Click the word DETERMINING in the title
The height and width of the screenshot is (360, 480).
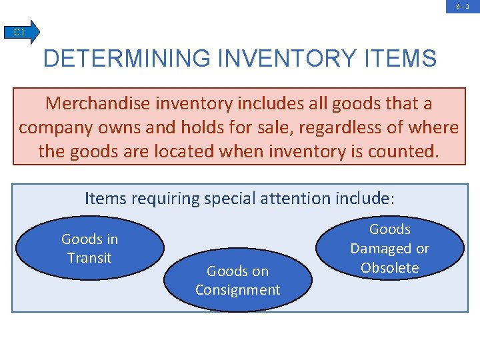124,58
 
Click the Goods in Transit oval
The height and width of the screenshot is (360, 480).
90,248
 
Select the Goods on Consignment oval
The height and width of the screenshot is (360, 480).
238,280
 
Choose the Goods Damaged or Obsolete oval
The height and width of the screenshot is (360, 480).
390,248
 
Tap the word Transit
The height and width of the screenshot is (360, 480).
89,257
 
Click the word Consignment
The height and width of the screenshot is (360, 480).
238,290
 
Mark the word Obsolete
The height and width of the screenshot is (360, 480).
390,268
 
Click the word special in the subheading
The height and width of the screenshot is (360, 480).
230,198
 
